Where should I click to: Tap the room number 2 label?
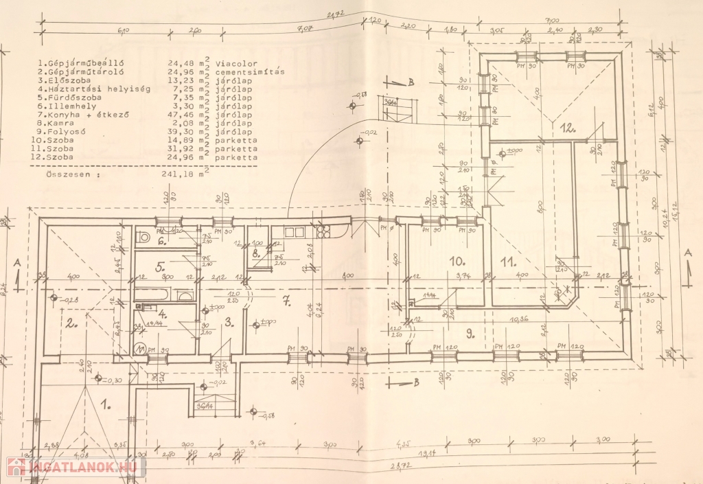(x=71, y=321)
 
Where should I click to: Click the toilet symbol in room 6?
(x=143, y=238)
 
